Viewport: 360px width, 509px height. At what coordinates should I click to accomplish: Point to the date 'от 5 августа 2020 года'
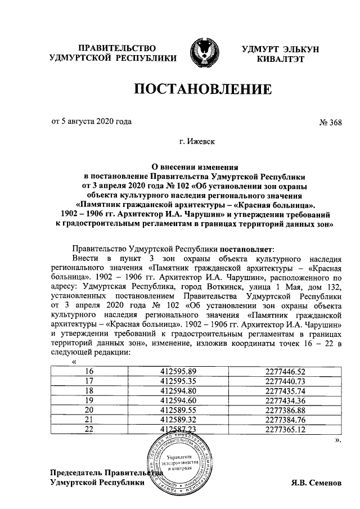point(92,120)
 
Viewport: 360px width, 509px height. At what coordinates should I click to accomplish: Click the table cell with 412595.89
point(178,371)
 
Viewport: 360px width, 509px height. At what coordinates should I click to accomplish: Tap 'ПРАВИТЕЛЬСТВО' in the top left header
point(116,48)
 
